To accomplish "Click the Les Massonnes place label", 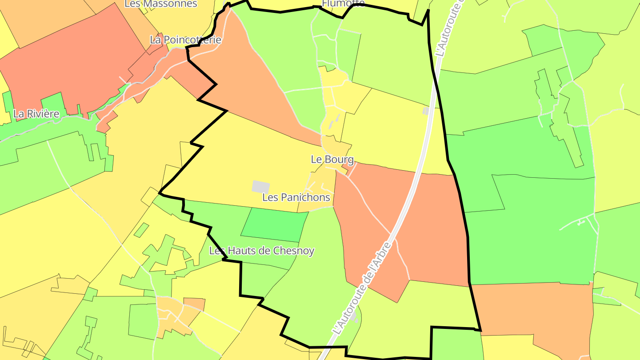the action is (x=160, y=4).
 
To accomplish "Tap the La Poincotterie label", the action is (x=185, y=40).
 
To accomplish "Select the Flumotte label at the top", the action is (x=343, y=4).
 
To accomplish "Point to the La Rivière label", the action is (x=36, y=114).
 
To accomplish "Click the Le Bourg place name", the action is (x=332, y=160).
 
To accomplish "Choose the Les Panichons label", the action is (x=296, y=197).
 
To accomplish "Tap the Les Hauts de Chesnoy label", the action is (x=262, y=251).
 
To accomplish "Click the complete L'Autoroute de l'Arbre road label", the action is (x=363, y=288).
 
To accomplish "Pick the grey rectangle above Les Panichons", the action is (x=260, y=187).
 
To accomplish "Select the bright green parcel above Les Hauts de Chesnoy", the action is (x=275, y=224).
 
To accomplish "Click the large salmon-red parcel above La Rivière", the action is (x=76, y=62).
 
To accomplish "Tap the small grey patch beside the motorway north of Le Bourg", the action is (x=426, y=111).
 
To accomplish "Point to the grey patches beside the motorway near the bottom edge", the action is (x=354, y=316).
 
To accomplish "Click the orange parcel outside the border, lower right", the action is (x=542, y=311).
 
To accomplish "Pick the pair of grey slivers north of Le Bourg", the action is (x=334, y=122).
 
